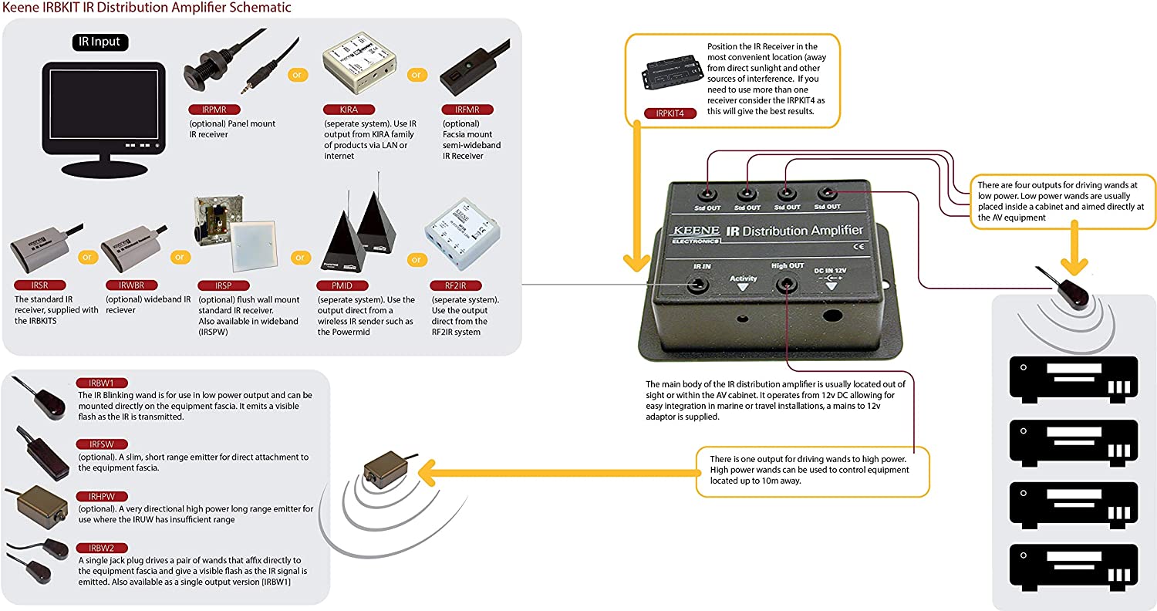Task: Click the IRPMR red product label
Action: click(207, 110)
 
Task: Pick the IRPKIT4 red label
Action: click(669, 113)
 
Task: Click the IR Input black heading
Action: click(101, 42)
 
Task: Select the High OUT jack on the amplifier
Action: click(786, 285)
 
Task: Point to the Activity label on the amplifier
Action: click(744, 278)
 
